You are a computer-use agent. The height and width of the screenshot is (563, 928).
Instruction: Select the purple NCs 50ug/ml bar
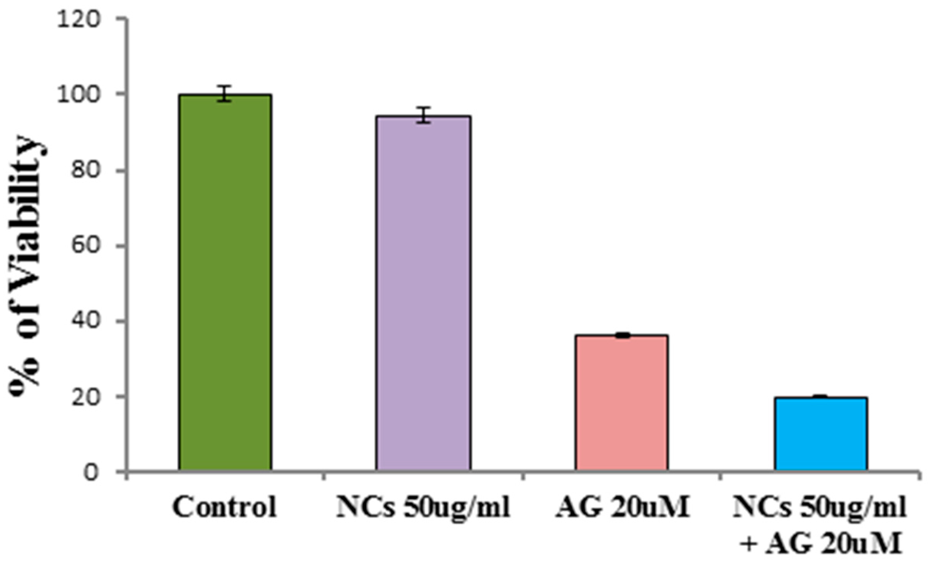tap(423, 293)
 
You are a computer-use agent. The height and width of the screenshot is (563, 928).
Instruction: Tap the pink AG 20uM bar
tap(622, 403)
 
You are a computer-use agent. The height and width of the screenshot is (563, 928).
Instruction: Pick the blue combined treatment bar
tap(821, 434)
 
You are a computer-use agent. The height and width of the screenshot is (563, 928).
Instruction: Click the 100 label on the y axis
tap(79, 95)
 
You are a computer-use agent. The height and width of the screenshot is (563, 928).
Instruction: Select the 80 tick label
tap(84, 170)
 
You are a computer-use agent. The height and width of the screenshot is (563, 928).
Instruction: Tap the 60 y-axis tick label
tap(84, 245)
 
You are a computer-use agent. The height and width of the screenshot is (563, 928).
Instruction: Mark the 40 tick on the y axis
tap(84, 321)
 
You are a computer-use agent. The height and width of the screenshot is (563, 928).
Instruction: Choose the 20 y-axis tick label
tap(84, 397)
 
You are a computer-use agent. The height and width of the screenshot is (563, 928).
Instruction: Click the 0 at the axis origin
tap(91, 472)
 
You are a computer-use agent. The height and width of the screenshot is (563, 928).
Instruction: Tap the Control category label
tap(225, 507)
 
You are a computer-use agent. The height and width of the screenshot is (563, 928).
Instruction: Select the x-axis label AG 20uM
tap(622, 507)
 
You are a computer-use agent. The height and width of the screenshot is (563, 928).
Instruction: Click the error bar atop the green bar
tap(225, 93)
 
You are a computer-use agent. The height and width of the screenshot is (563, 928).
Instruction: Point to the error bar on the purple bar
tap(423, 115)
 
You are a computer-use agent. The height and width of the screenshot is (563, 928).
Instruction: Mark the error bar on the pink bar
tap(622, 335)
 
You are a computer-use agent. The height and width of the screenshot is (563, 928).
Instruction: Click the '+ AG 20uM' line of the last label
tap(821, 545)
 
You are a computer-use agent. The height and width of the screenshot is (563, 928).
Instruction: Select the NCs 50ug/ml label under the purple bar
tap(423, 507)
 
